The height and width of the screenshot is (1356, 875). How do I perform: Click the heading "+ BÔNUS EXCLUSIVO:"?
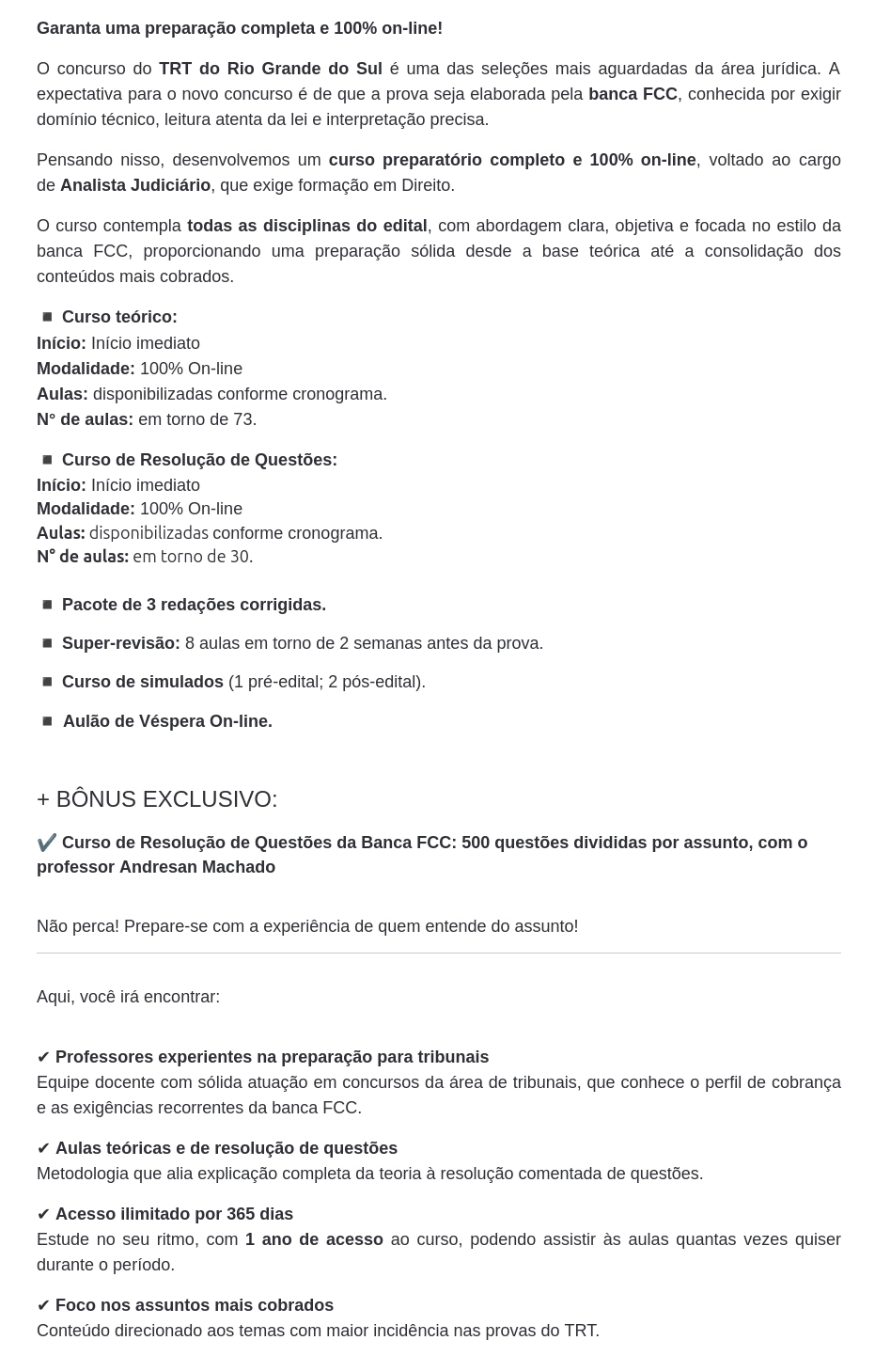pyautogui.click(x=157, y=799)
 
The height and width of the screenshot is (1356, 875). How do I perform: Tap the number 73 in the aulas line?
pyautogui.click(x=242, y=419)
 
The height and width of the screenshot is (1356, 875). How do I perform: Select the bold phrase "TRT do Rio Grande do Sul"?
pyautogui.click(x=270, y=69)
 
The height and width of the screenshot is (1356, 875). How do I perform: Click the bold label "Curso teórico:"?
pyautogui.click(x=119, y=317)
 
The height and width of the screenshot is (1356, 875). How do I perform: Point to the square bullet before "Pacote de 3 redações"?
pyautogui.click(x=47, y=605)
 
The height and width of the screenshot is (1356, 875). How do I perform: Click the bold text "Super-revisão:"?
pyautogui.click(x=120, y=643)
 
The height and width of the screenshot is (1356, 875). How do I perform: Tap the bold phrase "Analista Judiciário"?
pyautogui.click(x=135, y=185)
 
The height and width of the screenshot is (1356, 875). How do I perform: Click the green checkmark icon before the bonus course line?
pyautogui.click(x=46, y=843)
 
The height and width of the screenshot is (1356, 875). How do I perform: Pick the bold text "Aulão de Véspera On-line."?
pyautogui.click(x=167, y=721)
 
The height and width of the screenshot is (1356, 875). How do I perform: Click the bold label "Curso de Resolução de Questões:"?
pyautogui.click(x=199, y=460)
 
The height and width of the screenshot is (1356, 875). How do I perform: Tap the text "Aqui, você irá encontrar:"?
pyautogui.click(x=128, y=997)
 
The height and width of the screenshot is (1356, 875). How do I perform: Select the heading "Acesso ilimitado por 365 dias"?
pyautogui.click(x=174, y=1214)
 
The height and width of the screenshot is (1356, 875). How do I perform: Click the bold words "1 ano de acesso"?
pyautogui.click(x=314, y=1239)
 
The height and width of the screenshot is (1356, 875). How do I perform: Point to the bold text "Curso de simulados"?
pyautogui.click(x=143, y=682)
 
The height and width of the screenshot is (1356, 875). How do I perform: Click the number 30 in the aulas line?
pyautogui.click(x=240, y=557)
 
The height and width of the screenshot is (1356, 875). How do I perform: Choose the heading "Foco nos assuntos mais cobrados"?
pyautogui.click(x=194, y=1305)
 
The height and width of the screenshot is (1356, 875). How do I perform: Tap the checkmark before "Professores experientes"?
pyautogui.click(x=43, y=1057)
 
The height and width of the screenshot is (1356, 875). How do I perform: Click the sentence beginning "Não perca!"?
pyautogui.click(x=307, y=926)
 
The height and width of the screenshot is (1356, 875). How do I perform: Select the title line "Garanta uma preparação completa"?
pyautogui.click(x=240, y=28)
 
